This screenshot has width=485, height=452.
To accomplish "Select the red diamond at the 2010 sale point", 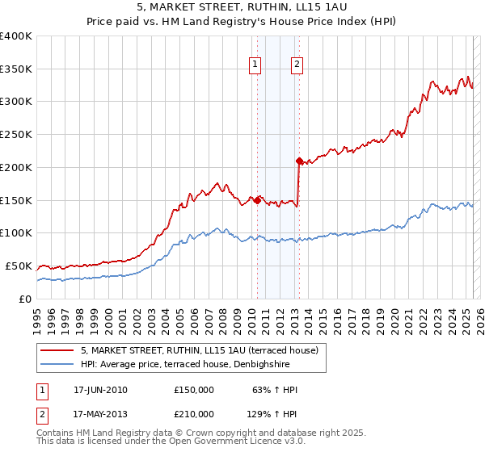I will coord(257,200).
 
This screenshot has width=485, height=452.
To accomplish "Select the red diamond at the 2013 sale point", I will coord(299,161).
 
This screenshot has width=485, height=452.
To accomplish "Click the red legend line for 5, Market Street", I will coord(58,350).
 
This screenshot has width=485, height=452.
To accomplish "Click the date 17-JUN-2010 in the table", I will coord(100,390).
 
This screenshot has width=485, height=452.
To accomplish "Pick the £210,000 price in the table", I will coord(194,414).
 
